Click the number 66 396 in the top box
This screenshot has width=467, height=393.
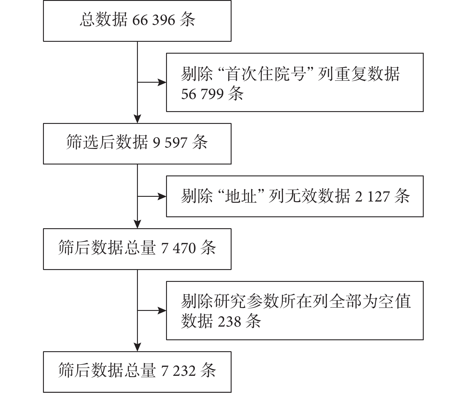[154, 20]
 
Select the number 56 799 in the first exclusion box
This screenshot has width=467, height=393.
[203, 94]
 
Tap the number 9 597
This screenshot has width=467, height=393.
[170, 142]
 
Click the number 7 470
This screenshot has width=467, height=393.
[178, 248]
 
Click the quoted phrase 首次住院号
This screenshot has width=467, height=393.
[266, 74]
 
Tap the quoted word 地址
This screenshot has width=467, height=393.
[241, 196]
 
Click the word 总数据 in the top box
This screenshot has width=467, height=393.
[103, 20]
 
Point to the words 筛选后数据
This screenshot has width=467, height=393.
[107, 142]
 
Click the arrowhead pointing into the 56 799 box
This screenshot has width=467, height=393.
[162, 82]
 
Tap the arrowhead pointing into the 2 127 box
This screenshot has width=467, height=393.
[162, 196]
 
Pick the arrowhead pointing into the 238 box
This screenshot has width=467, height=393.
[162, 311]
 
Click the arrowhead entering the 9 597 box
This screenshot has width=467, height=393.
[137, 119]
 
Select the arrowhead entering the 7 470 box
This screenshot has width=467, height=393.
[137, 224]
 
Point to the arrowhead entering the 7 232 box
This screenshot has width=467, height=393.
[137, 347]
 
